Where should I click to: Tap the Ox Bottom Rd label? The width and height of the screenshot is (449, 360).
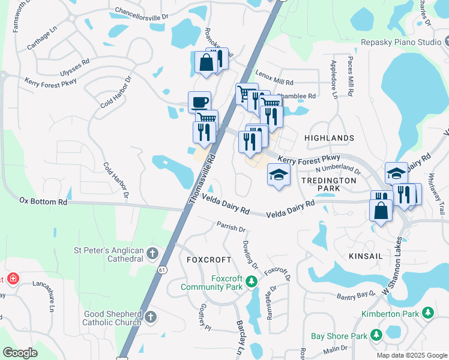[43, 202]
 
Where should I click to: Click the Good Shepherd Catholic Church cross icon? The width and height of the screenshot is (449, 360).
[151, 316]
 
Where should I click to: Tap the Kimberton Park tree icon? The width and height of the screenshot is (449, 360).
[427, 313]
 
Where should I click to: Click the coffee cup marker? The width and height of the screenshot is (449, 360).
[199, 101]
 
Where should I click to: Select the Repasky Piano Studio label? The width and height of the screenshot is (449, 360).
[400, 42]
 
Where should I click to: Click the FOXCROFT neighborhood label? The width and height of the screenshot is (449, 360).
[209, 260]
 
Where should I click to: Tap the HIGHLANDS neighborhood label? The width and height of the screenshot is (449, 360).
[329, 138]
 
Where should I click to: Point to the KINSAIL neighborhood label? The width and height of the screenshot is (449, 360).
[366, 256]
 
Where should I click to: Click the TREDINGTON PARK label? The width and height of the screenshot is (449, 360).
[328, 184]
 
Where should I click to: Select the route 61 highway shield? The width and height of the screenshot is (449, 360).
[162, 270]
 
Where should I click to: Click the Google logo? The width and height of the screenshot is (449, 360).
[20, 353]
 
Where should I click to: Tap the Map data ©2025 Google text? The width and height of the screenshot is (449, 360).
[411, 355]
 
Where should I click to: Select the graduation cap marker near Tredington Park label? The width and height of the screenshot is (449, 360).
[278, 175]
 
